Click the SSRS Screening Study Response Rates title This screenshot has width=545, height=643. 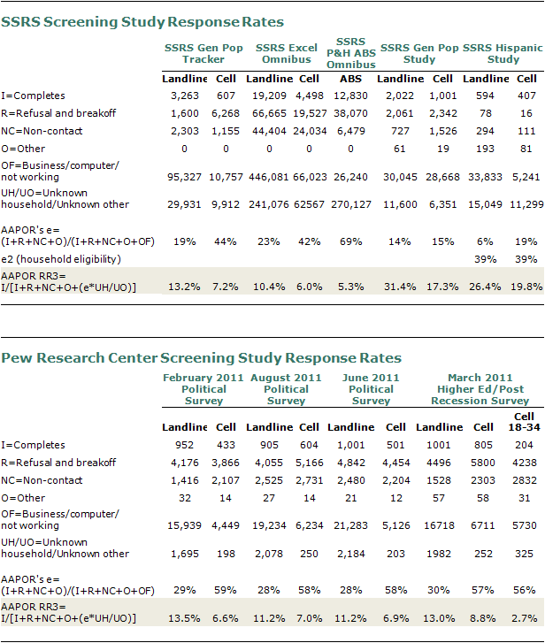(x=142, y=22)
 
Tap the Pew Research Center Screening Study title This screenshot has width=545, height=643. (x=201, y=358)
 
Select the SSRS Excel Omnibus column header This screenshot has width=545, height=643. (x=287, y=54)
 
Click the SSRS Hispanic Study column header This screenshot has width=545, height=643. (x=503, y=54)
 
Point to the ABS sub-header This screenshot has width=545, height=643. (x=350, y=79)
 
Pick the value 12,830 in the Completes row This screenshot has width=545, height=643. (x=350, y=96)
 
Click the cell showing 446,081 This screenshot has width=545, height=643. (x=269, y=177)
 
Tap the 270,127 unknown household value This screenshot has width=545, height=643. (x=351, y=204)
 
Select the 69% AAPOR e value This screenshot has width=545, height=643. (x=350, y=242)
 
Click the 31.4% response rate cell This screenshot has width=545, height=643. (x=400, y=287)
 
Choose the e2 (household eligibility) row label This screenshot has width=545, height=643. (x=61, y=259)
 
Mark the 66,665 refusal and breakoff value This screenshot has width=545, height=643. (x=269, y=113)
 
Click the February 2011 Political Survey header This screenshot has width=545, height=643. (x=203, y=389)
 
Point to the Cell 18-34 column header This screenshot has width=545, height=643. (x=524, y=422)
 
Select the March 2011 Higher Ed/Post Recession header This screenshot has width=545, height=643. (x=480, y=389)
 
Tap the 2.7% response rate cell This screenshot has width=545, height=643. (x=524, y=618)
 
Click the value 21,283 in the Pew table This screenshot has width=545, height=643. (x=350, y=525)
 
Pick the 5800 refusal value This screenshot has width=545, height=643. (x=483, y=463)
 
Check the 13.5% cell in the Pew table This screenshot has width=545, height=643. (x=185, y=618)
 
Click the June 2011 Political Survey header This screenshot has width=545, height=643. (x=371, y=389)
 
